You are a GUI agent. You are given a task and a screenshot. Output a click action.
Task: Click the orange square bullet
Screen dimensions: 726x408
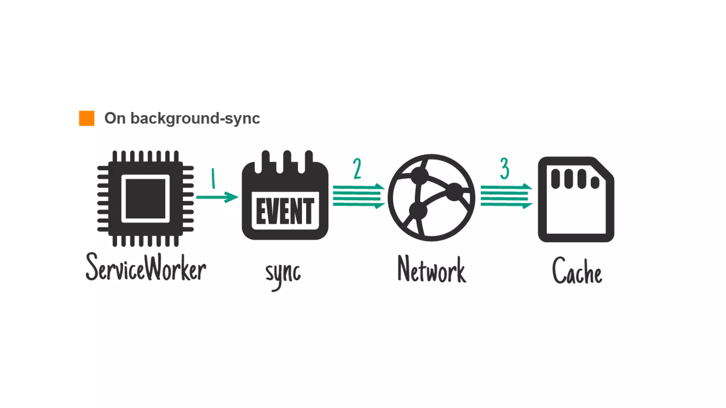(86, 118)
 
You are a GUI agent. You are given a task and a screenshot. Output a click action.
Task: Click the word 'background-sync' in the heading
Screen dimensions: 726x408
(195, 118)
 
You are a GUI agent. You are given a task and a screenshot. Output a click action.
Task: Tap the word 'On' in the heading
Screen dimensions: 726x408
(115, 118)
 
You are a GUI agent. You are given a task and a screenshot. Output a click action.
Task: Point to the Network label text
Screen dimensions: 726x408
(431, 270)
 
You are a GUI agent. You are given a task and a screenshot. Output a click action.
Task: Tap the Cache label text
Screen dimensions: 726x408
(577, 271)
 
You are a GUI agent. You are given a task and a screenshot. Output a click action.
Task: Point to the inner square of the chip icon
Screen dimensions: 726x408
(145, 199)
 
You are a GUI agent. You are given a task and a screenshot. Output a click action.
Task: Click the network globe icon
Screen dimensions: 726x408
(431, 198)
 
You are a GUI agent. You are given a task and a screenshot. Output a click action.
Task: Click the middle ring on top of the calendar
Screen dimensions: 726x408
(287, 161)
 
